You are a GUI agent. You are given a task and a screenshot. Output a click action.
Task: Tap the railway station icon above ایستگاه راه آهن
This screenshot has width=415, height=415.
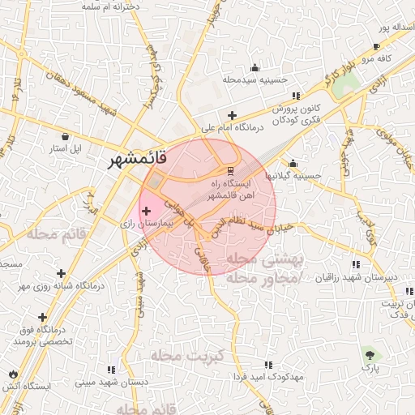tap(231, 171)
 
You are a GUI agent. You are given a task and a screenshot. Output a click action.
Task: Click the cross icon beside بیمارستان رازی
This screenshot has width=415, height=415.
tap(146, 212)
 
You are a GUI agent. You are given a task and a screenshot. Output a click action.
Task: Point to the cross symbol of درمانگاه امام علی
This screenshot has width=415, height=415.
tap(233, 115)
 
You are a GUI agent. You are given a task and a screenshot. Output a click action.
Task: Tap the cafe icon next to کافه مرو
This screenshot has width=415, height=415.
tap(376, 47)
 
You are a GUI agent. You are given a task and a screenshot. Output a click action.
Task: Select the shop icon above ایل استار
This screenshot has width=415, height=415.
tap(66, 137)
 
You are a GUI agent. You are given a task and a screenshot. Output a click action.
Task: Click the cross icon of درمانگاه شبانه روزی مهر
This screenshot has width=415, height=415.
tap(62, 273)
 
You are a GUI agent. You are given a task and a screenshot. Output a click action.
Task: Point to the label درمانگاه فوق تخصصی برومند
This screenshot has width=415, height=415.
tap(43, 336)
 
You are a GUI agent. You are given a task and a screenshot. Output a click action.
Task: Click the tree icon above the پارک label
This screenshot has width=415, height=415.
tap(370, 354)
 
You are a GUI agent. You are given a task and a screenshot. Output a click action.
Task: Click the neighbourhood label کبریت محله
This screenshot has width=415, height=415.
tap(173, 355)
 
